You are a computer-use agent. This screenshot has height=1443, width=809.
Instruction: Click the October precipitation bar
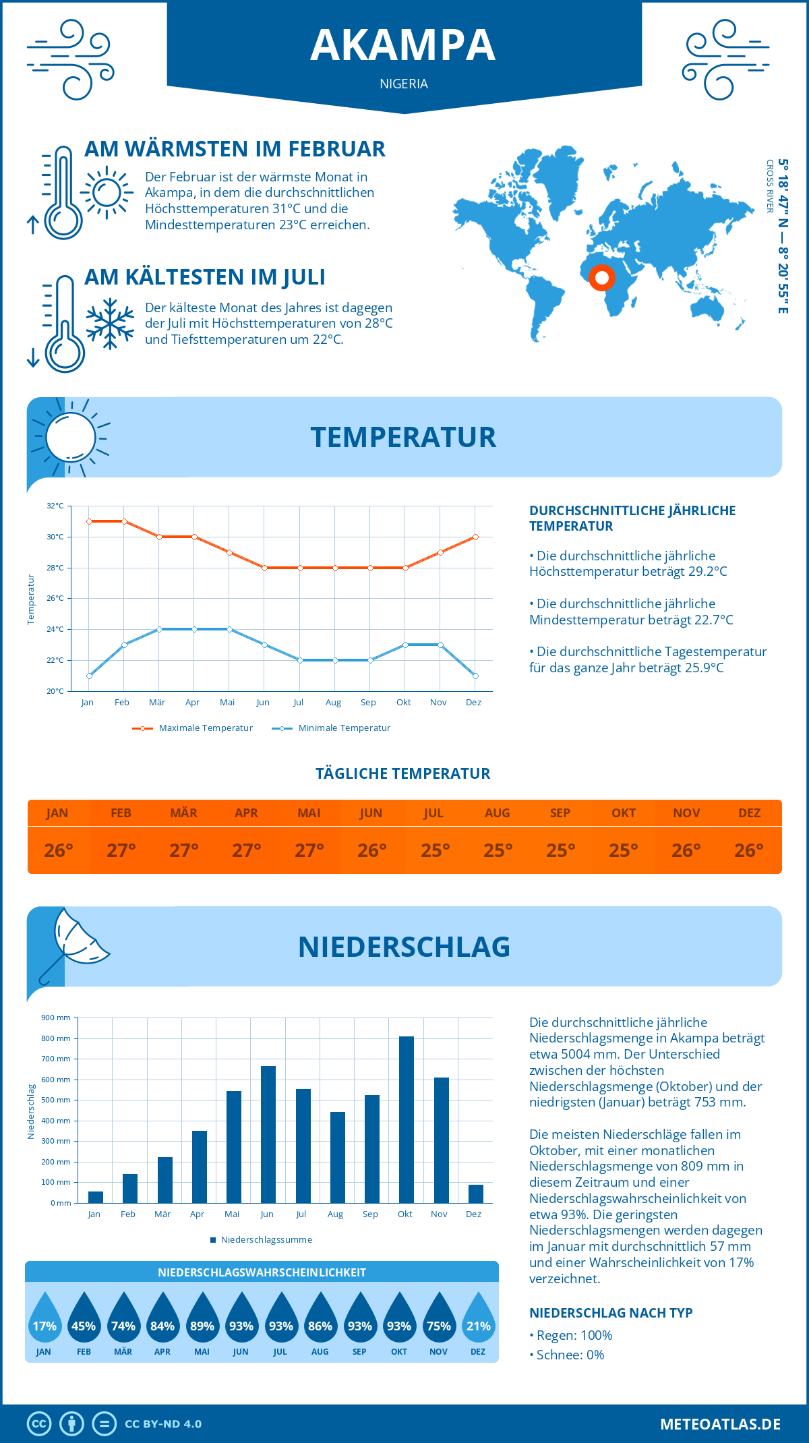click(x=406, y=1119)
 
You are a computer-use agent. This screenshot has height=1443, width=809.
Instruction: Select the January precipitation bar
click(x=96, y=1197)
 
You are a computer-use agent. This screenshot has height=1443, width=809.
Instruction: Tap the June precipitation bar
click(x=268, y=1134)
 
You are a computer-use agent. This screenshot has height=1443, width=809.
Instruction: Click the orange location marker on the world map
click(x=602, y=277)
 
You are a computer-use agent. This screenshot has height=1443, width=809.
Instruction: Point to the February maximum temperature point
click(x=124, y=521)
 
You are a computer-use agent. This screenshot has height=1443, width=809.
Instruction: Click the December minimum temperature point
click(x=475, y=676)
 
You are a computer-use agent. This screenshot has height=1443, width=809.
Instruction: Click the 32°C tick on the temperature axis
click(x=55, y=506)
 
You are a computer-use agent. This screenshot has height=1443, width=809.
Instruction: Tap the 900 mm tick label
click(x=56, y=1018)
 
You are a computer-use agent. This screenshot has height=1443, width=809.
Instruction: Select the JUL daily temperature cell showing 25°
click(x=435, y=850)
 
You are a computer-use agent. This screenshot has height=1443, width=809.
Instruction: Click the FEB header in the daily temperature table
click(x=121, y=813)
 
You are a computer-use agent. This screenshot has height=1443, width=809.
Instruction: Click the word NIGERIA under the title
click(x=404, y=84)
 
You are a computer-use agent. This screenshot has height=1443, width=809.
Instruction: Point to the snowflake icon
click(x=110, y=324)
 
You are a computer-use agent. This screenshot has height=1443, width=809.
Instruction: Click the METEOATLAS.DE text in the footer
click(x=720, y=1424)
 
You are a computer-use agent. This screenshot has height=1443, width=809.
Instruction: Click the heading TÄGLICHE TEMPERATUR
click(x=403, y=773)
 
